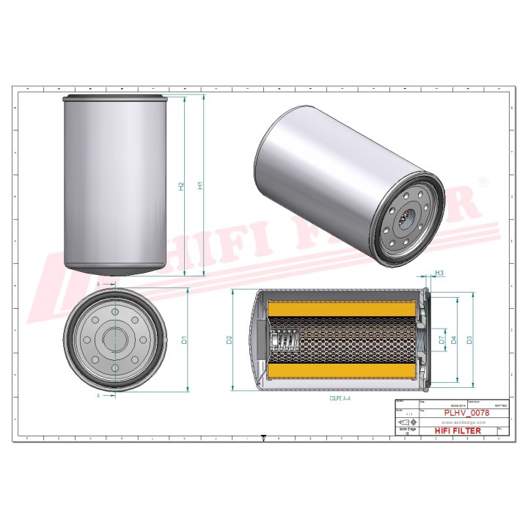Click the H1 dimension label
(200, 186)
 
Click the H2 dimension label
(181, 187)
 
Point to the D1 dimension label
(185, 340)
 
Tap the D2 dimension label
(230, 340)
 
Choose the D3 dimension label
(469, 340)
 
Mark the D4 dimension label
(455, 340)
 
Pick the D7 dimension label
(441, 340)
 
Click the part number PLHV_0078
(466, 413)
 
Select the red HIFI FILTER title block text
(458, 430)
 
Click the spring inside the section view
(285, 340)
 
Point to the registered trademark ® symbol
(482, 180)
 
